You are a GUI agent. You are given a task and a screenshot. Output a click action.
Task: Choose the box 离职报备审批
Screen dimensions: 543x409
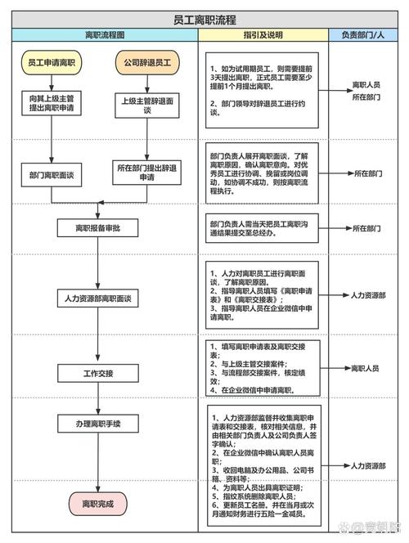click(x=98, y=228)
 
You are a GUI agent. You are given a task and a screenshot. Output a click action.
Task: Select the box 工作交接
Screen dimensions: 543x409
click(x=98, y=373)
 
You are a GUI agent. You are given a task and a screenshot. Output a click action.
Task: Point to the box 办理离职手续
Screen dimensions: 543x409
click(x=98, y=424)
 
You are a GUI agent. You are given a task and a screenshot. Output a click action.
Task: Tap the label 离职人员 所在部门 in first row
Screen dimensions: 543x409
click(x=366, y=90)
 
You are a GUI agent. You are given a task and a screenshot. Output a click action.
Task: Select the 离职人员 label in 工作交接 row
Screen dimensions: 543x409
click(x=365, y=369)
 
